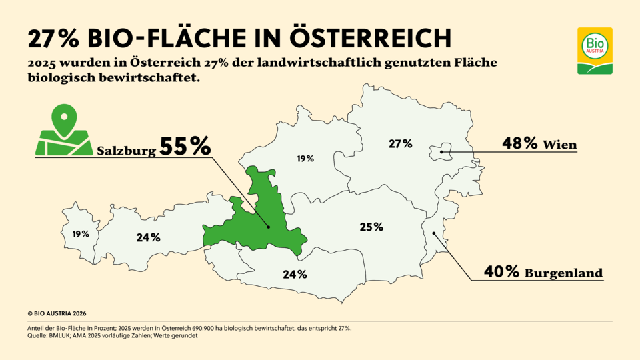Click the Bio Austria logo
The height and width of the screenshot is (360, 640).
pos(594,51)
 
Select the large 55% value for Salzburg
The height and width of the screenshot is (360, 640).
pos(185,147)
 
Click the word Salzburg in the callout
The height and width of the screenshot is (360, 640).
pos(127,151)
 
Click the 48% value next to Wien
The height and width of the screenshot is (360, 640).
pos(519,143)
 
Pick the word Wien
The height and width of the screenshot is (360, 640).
pos(560,145)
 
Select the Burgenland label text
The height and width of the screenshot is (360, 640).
pos(564,273)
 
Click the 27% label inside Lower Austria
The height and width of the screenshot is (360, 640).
pos(401,143)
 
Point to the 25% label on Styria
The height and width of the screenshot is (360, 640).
pos(371,227)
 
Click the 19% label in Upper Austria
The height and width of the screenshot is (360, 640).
pos(305,159)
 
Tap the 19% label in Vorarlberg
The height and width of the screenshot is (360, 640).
pos(81,234)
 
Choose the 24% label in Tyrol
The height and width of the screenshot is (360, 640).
pos(148,237)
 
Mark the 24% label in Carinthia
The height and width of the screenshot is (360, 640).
pos(294,274)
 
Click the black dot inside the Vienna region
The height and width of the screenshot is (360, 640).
pos(442,153)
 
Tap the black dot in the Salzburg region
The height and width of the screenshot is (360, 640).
pos(269,227)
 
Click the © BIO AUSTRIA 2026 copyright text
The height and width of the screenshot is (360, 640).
pos(57,313)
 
